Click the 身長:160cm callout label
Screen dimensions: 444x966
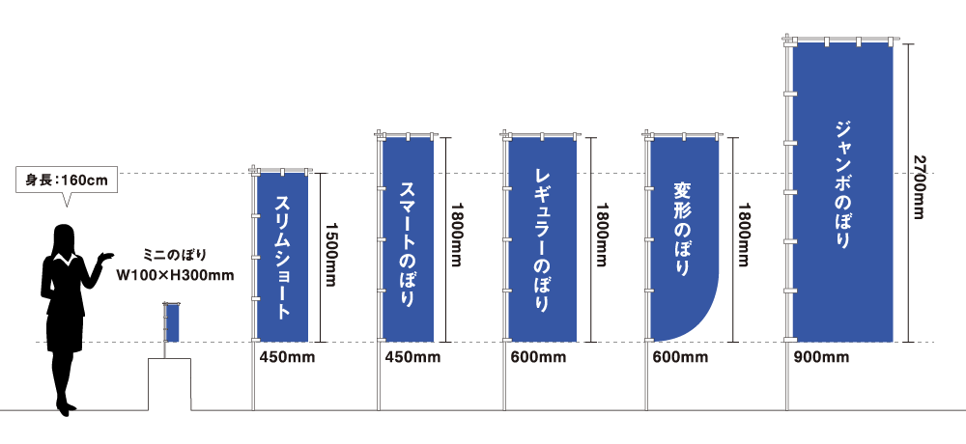(65, 179)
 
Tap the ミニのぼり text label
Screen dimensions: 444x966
(175, 256)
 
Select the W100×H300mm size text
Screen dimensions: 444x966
(175, 275)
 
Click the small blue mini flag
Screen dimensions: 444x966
(173, 322)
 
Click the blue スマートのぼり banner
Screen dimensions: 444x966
(408, 238)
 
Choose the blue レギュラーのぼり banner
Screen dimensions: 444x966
(542, 238)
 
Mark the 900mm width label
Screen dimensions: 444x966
(821, 359)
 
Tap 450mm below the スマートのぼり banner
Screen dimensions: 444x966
(412, 359)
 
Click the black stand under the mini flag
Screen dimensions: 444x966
(169, 384)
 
